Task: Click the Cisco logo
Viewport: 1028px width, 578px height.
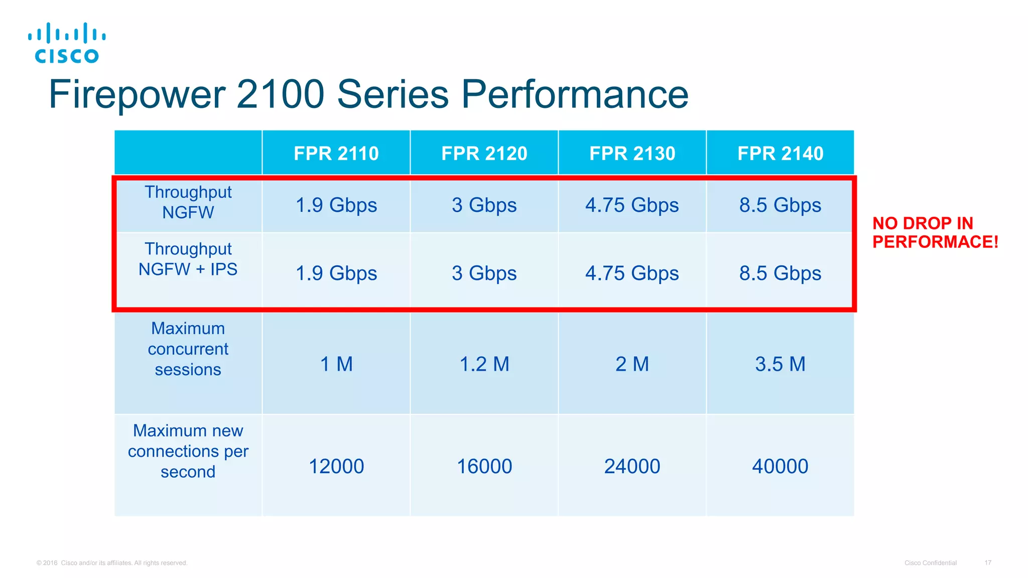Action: [x=67, y=43]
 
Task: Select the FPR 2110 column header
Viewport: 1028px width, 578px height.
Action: [x=336, y=153]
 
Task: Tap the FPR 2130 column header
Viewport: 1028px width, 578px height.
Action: [x=632, y=153]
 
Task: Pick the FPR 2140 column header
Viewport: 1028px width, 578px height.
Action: [x=780, y=153]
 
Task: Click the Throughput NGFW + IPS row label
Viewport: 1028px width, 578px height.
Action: [x=188, y=259]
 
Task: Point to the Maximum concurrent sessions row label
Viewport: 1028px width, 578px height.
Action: [x=188, y=349]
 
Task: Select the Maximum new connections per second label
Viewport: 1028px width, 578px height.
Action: [x=188, y=451]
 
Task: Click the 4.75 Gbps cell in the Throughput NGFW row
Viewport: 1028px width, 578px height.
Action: [x=632, y=205]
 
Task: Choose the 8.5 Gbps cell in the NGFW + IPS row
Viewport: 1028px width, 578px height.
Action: [x=780, y=273]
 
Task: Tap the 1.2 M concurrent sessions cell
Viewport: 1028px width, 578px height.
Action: [x=484, y=364]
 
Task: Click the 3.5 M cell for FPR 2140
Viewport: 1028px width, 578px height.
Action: [x=780, y=364]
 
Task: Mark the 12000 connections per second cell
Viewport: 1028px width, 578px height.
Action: [x=336, y=467]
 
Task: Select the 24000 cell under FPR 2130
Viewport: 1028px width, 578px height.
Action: [x=632, y=467]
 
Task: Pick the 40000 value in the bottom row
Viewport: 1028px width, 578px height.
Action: [x=780, y=467]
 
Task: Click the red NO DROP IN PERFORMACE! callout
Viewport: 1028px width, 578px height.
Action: [x=935, y=232]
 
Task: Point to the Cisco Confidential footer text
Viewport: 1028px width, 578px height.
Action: [x=930, y=563]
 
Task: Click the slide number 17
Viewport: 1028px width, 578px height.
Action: [x=987, y=563]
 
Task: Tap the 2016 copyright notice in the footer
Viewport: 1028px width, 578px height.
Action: [x=112, y=563]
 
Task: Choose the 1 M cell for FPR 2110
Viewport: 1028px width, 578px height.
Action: [x=336, y=364]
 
